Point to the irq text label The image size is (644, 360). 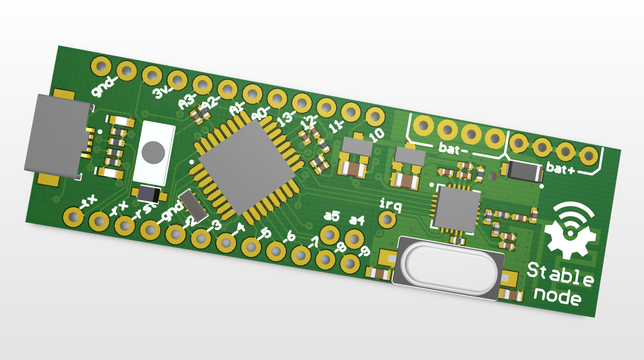pos(390,205)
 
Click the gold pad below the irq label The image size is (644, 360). pos(387,219)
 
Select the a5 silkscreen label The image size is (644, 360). pos(332,215)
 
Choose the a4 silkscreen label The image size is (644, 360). pos(357,220)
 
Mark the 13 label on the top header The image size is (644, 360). pos(285,118)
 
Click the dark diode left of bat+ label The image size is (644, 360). pos(524,171)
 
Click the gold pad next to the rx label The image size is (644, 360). pos(99,221)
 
